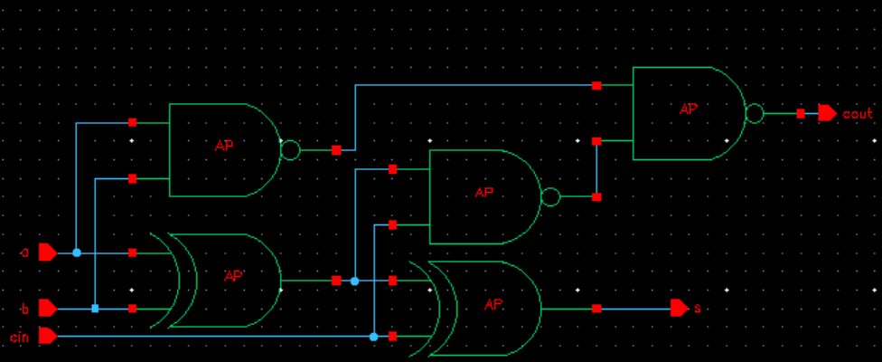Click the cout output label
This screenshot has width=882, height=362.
pyautogui.click(x=858, y=114)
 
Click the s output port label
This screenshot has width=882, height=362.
pyautogui.click(x=697, y=309)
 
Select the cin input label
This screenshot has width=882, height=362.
pyautogui.click(x=20, y=337)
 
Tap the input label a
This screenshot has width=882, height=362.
pyautogui.click(x=25, y=253)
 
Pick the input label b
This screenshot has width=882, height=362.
pyautogui.click(x=25, y=310)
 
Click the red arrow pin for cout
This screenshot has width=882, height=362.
pyautogui.click(x=827, y=113)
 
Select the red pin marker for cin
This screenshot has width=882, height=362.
pyautogui.click(x=48, y=337)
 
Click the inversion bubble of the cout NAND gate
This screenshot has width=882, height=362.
pyautogui.click(x=754, y=114)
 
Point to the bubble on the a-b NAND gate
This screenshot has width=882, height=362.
pyautogui.click(x=289, y=150)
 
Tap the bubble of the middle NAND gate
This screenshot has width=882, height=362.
pyautogui.click(x=549, y=196)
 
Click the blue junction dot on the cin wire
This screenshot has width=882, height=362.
pyautogui.click(x=373, y=337)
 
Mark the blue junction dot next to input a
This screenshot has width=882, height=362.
pyautogui.click(x=76, y=252)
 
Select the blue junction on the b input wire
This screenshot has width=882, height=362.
pyautogui.click(x=95, y=309)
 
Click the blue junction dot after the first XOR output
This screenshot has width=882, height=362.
pyautogui.click(x=354, y=281)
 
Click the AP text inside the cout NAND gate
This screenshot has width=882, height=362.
pyautogui.click(x=689, y=109)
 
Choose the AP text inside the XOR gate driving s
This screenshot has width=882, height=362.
pyautogui.click(x=493, y=304)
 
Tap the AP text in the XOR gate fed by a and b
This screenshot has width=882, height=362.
pyautogui.click(x=234, y=276)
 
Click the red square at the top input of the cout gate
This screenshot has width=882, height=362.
pyautogui.click(x=596, y=86)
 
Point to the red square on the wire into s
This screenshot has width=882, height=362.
pyautogui.click(x=596, y=309)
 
